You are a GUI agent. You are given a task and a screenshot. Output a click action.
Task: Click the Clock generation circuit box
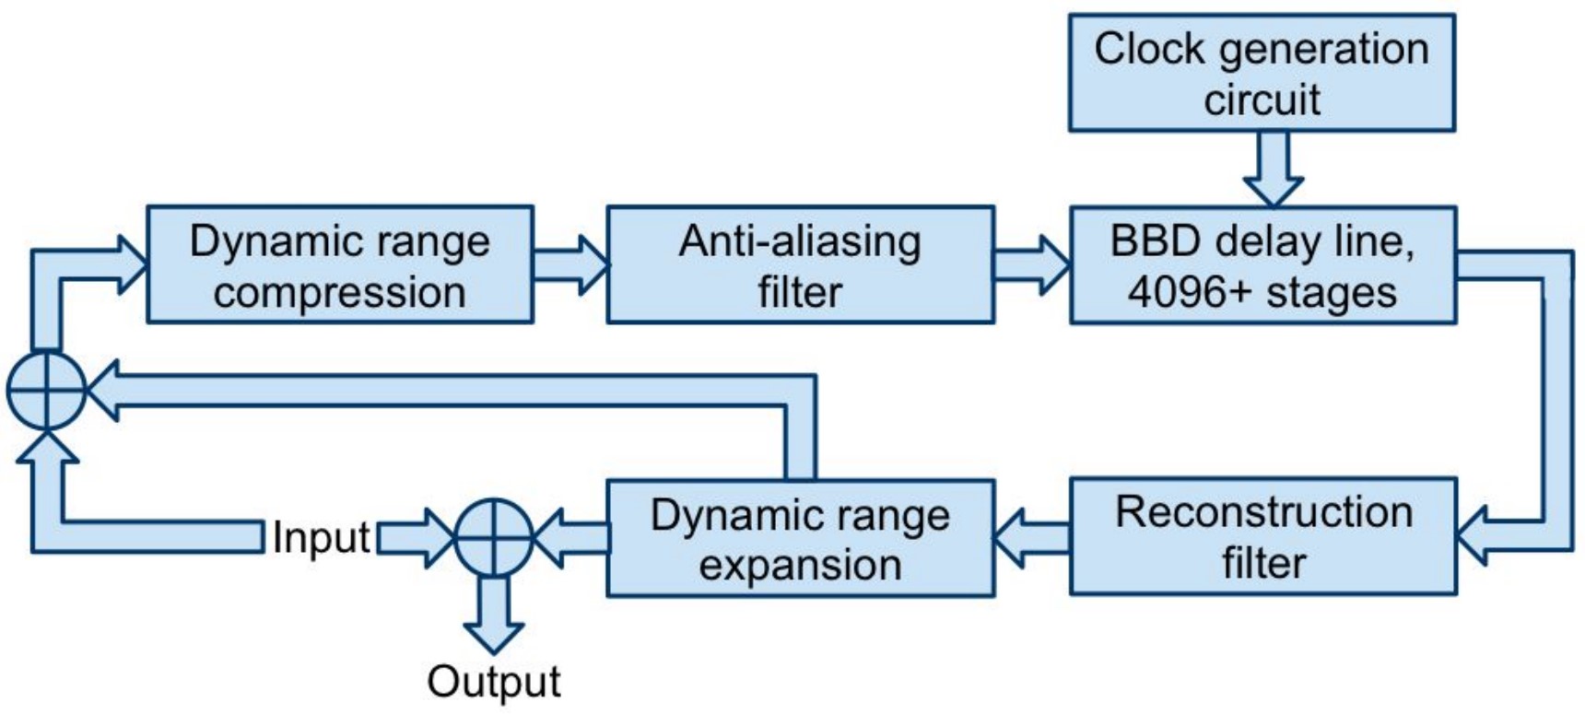1262,73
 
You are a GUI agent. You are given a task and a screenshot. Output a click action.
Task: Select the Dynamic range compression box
340,264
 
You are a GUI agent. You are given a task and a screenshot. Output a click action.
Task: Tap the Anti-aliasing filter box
800,264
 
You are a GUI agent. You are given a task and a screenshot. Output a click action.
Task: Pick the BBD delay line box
1262,265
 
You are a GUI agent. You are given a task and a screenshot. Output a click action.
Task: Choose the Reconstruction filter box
1263,536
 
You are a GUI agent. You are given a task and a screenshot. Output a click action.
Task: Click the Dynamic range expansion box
800,538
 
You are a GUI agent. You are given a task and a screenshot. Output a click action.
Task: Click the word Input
322,537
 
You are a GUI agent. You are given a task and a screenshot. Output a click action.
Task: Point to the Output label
494,682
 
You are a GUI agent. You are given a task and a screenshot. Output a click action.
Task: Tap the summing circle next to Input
494,538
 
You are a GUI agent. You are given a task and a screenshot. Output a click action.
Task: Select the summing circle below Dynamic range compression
46,391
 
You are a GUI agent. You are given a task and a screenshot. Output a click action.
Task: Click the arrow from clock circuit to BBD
1273,169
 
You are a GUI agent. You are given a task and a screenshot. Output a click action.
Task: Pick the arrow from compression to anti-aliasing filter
571,264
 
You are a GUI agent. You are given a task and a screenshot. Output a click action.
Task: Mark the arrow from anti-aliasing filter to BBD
1033,264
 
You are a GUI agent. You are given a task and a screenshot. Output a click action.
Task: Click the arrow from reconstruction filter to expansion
1031,538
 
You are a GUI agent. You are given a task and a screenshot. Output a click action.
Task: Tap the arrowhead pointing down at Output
494,638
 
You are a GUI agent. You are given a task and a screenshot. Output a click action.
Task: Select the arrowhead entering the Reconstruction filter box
1472,535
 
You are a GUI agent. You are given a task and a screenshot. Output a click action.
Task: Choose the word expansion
800,565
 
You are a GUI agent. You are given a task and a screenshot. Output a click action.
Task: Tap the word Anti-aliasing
800,242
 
